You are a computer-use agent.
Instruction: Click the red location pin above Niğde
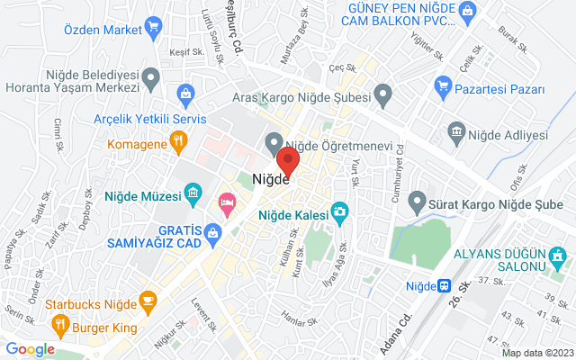coord(288,162)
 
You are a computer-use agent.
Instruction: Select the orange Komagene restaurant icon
coord(178,141)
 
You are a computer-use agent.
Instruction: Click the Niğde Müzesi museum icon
coord(192,193)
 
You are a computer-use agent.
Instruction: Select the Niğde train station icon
coord(445,285)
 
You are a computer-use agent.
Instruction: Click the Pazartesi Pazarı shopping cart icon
coord(442,87)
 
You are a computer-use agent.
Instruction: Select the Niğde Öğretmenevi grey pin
coord(274,142)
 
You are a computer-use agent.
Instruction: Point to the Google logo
coord(30,349)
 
